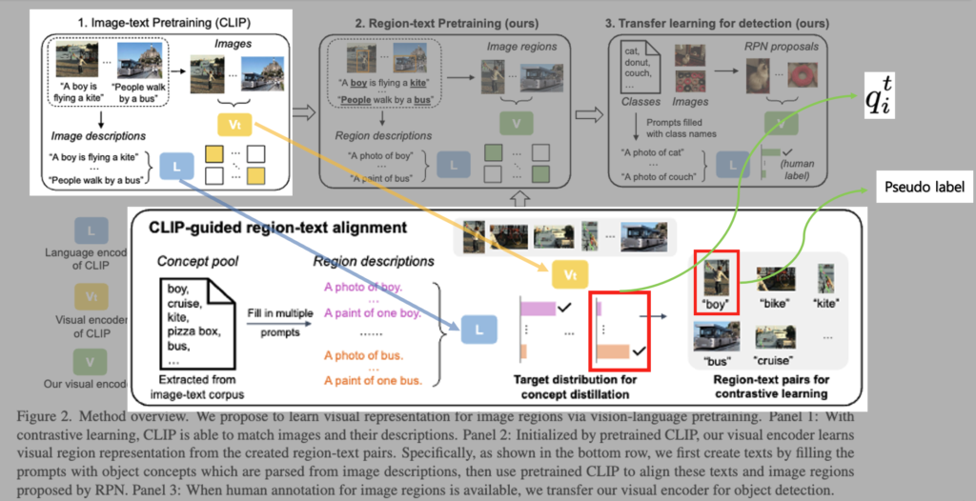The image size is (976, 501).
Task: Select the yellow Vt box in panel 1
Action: [x=234, y=124]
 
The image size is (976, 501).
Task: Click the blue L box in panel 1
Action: [x=177, y=167]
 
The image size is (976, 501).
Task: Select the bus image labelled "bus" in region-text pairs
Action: [x=716, y=338]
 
